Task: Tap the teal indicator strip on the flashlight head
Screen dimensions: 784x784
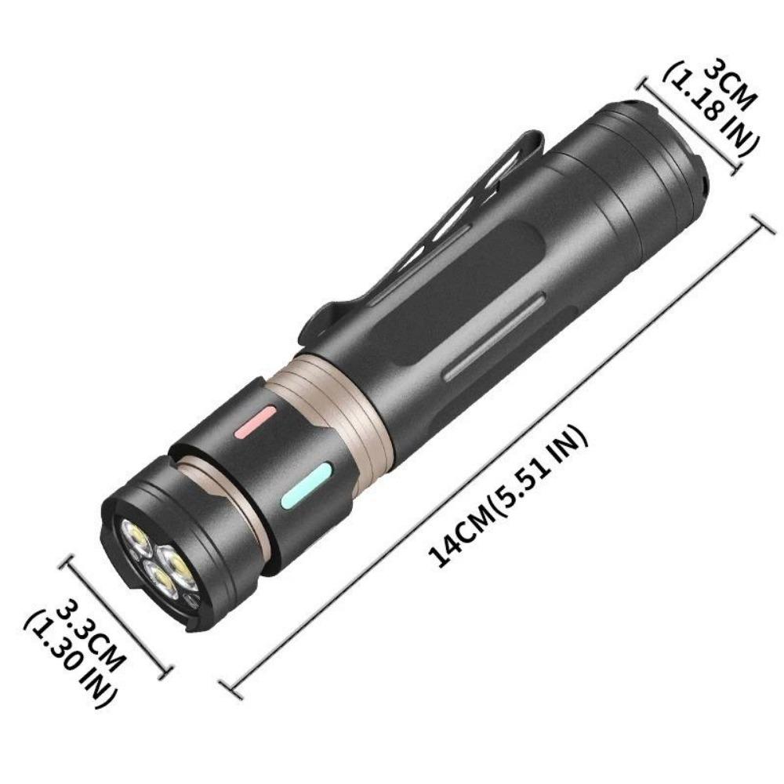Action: pos(307,485)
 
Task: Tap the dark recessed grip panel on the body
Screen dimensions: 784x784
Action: pos(463,282)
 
